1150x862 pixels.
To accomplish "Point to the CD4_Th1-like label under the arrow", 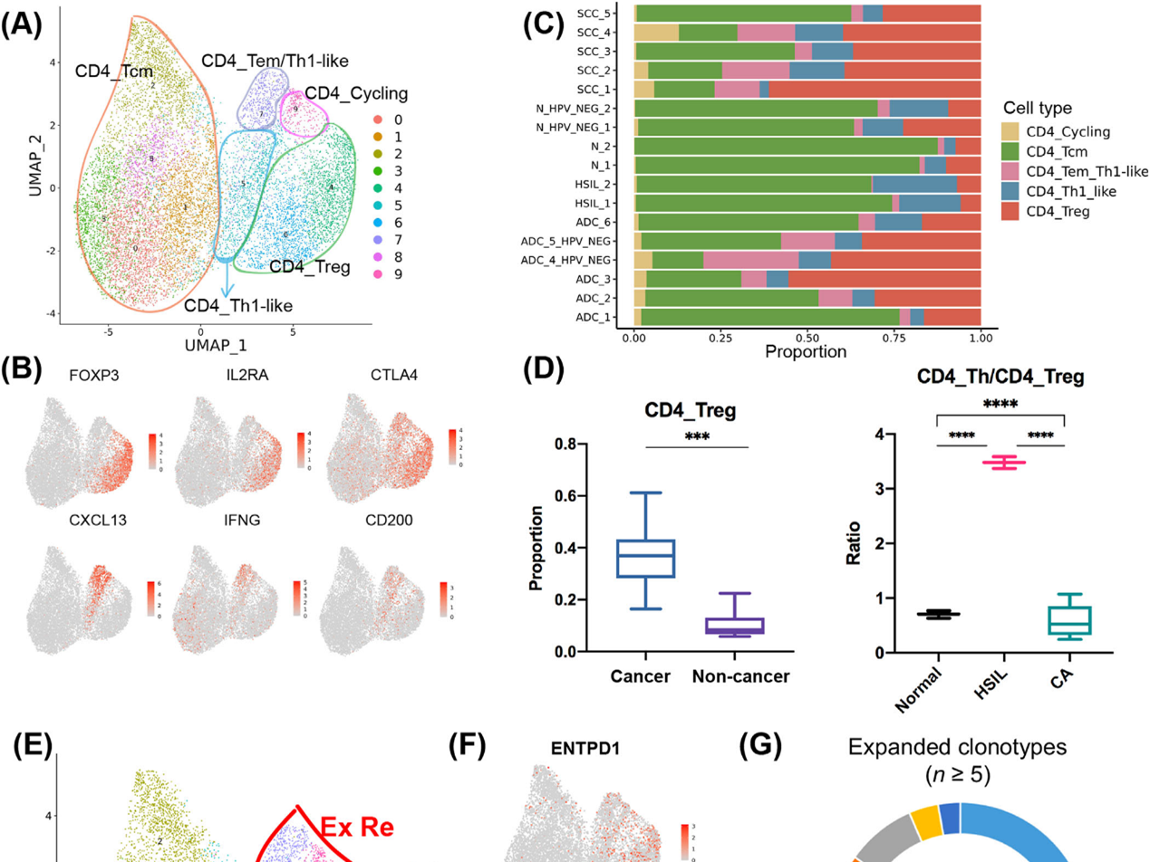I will tap(238, 305).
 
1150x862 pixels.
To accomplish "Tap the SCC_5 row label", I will tap(598, 13).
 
